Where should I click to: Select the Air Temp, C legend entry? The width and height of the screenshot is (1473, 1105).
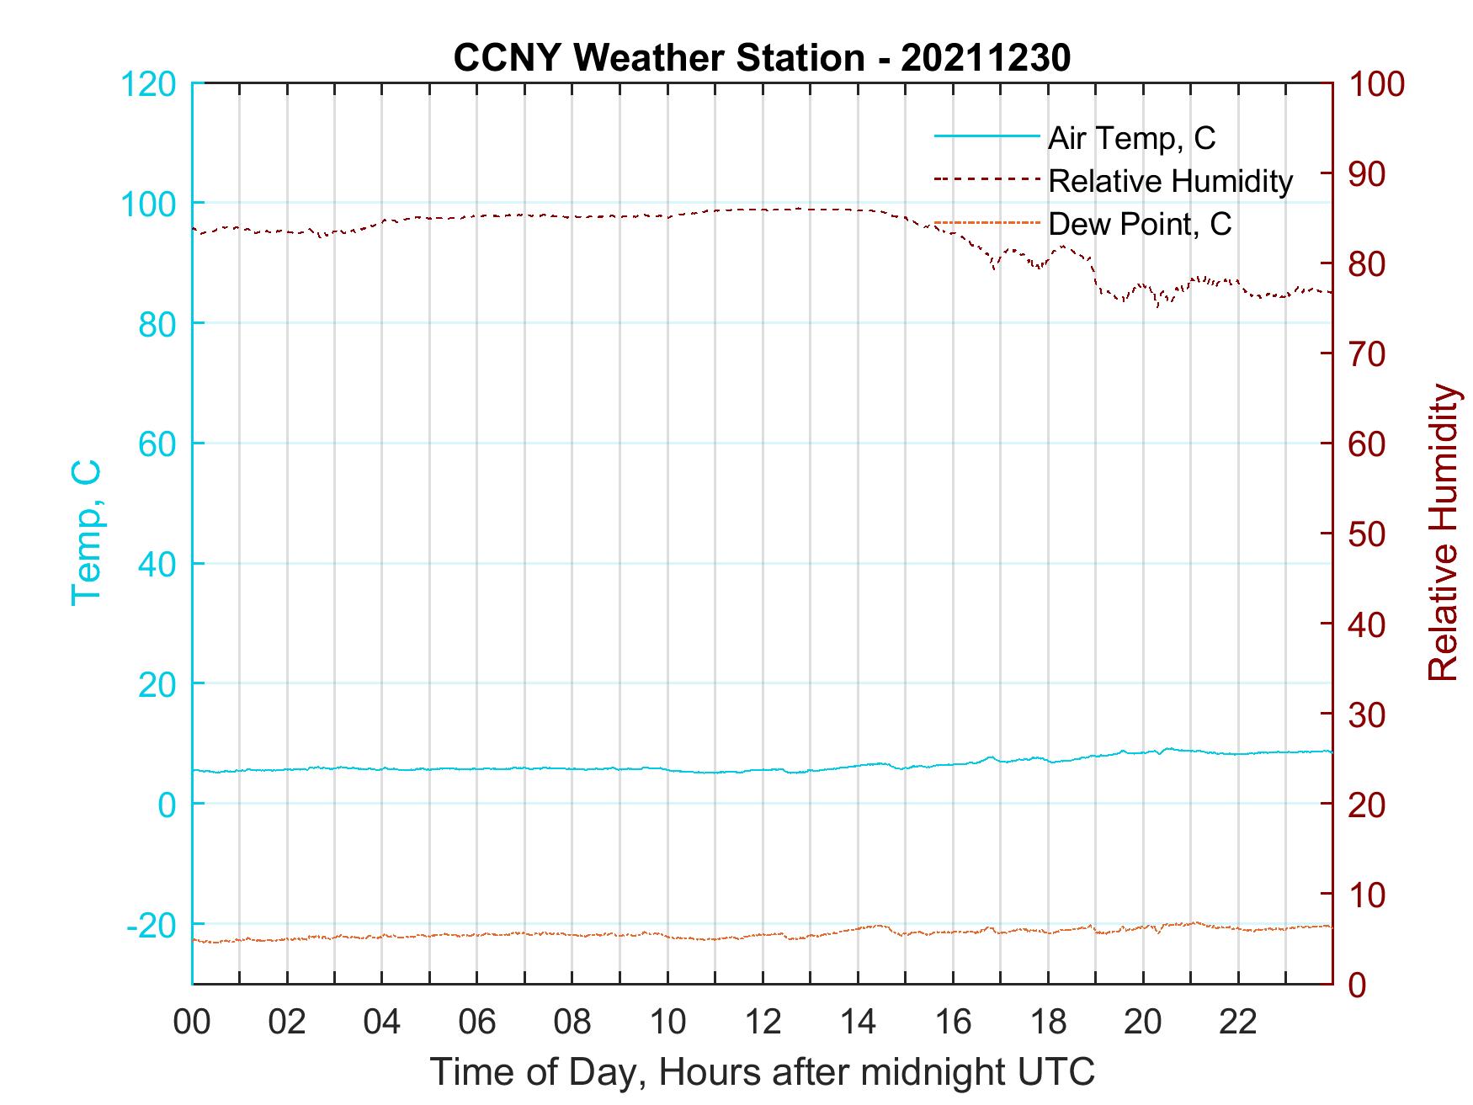(1130, 138)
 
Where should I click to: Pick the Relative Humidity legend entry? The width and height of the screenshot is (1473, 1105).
(1169, 181)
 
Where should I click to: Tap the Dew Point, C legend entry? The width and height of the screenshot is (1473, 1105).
(1139, 224)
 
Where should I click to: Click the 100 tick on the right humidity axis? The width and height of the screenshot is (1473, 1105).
(1377, 84)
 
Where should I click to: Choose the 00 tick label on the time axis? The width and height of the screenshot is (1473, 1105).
(192, 1023)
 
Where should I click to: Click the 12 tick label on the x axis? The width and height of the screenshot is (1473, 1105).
(763, 1023)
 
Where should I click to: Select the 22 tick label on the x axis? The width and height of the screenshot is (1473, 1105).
(1238, 1023)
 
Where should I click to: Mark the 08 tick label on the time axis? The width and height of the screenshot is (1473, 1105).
(572, 1023)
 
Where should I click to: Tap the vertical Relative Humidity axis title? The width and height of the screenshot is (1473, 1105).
(1443, 533)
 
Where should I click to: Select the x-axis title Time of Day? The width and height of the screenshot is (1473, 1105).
(539, 1072)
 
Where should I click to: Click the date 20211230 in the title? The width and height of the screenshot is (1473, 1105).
(985, 58)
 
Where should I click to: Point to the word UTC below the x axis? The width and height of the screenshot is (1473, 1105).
(1057, 1072)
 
